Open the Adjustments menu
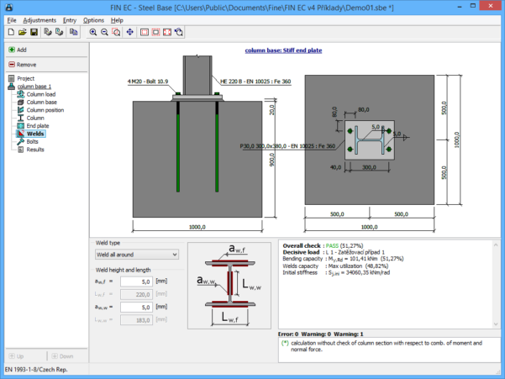(x=39, y=19)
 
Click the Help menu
(x=116, y=19)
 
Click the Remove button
(x=26, y=65)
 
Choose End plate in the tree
(x=38, y=126)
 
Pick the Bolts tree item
(x=32, y=142)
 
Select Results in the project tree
(x=35, y=150)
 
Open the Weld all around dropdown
(x=136, y=254)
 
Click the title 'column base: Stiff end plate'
(x=283, y=50)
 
